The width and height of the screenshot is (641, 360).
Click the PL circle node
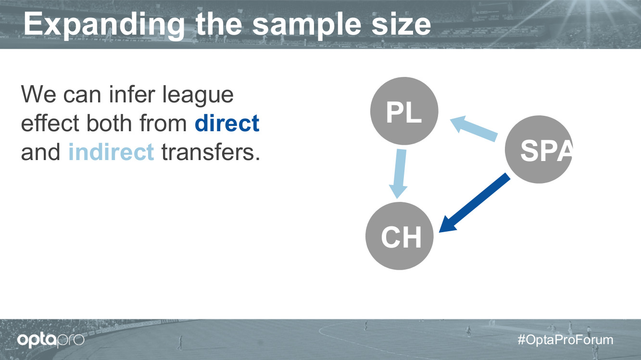404,111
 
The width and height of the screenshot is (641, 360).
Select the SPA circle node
539,149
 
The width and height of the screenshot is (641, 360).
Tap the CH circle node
400,236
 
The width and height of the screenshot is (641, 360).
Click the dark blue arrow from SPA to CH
475,202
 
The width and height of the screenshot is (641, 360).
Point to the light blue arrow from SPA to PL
474,128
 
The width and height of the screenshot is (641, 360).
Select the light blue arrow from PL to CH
399,174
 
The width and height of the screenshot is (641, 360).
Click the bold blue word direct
227,123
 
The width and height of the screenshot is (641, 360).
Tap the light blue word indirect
111,152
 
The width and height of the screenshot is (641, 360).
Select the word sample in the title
306,26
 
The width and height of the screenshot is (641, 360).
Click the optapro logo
50,340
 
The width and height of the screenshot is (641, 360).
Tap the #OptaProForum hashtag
566,340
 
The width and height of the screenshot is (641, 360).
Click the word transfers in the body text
211,152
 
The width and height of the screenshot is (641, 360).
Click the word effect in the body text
50,123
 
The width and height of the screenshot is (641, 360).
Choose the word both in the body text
109,123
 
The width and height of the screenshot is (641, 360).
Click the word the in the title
219,24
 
